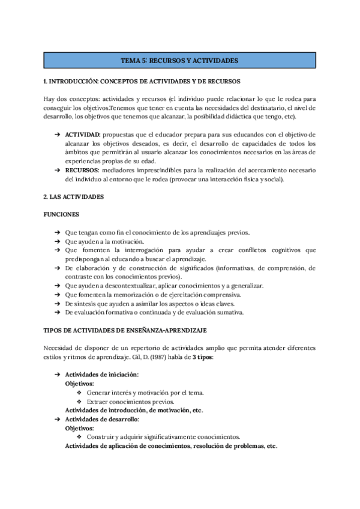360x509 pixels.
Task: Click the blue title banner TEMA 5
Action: (180, 61)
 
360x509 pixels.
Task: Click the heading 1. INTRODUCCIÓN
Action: (142, 80)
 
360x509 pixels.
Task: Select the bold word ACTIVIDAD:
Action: (83, 134)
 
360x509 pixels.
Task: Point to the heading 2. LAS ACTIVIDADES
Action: (74, 197)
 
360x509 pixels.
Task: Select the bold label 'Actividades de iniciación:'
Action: (101, 375)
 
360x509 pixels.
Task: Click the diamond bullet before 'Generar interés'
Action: (79, 393)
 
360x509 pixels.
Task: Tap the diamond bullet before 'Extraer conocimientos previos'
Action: (79, 402)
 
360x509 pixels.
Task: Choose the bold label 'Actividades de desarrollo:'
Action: (102, 419)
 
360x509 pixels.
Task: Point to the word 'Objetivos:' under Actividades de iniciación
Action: (79, 384)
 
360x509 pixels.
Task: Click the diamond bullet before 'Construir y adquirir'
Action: (79, 437)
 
